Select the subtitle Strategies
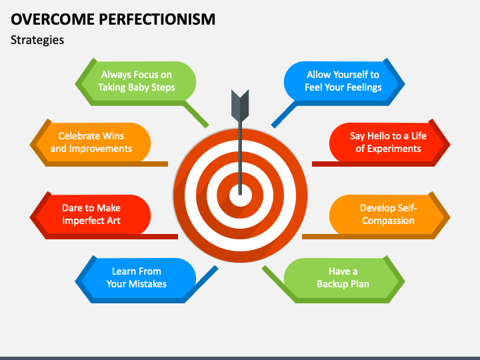pyautogui.click(x=37, y=40)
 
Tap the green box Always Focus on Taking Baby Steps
pyautogui.click(x=137, y=81)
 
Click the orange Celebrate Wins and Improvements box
pyautogui.click(x=91, y=142)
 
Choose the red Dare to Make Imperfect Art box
pyautogui.click(x=91, y=214)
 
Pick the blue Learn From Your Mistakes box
pyautogui.click(x=137, y=277)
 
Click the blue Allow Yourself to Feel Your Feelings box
pyautogui.click(x=343, y=81)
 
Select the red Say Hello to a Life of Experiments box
pyautogui.click(x=388, y=142)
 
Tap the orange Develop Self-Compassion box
pyautogui.click(x=388, y=214)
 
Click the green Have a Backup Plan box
pyautogui.click(x=343, y=277)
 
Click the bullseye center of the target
pyautogui.click(x=240, y=195)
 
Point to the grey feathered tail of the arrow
pyautogui.click(x=239, y=103)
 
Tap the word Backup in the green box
pyautogui.click(x=331, y=284)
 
